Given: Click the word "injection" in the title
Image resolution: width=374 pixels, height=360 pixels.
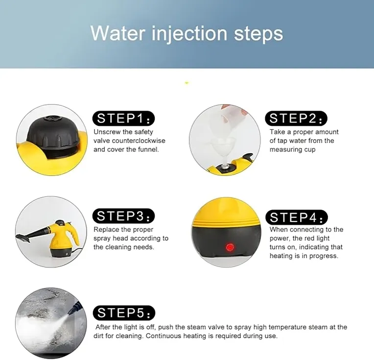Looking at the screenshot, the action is pos(189,34).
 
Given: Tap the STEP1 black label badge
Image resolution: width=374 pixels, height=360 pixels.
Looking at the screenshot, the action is pos(123,119).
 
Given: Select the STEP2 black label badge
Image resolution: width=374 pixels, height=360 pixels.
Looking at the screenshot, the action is pos(296,119).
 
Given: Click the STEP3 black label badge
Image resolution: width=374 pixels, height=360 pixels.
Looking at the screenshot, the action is pos(123,216).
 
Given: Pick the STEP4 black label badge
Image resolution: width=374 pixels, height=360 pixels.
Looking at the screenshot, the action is pos(297,217).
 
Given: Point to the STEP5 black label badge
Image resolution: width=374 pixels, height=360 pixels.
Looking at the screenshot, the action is pos(124,312).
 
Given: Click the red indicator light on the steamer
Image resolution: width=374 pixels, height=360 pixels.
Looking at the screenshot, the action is pos(230,247).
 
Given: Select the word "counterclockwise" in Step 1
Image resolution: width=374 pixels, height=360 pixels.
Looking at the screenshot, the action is pos(139,141).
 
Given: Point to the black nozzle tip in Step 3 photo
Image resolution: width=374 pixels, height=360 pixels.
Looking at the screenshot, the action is pos(23,238).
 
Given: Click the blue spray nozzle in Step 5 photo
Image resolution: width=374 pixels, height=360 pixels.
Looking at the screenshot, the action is pos(75,307).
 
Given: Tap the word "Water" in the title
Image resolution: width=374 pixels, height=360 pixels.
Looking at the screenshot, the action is pos(118,33).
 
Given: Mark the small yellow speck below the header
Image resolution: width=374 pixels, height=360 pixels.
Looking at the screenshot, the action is pos(187,83).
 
